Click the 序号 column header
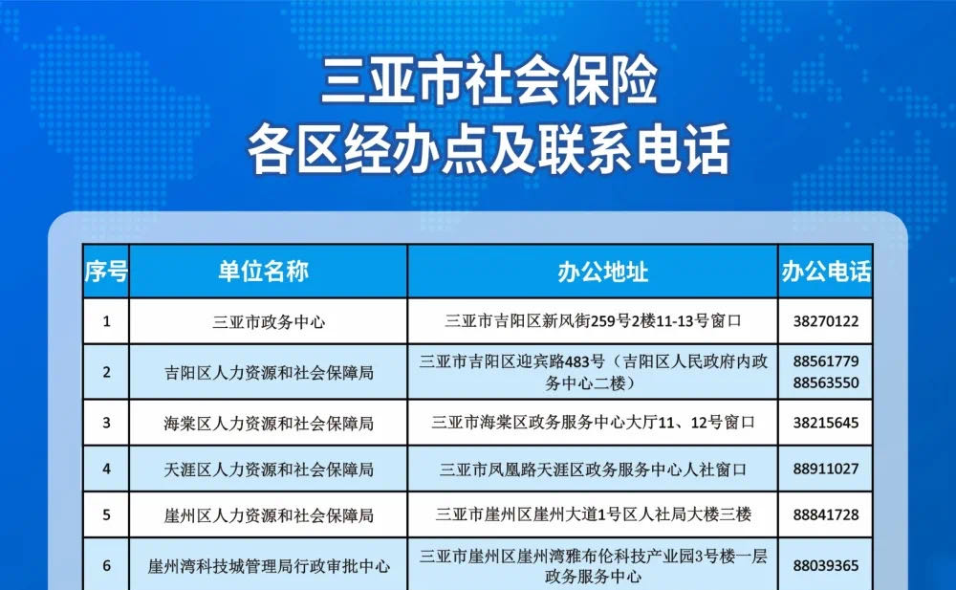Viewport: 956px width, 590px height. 106,272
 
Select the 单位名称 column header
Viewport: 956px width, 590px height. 264,272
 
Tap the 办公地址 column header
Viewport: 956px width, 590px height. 602,272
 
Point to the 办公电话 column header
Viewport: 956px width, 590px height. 826,272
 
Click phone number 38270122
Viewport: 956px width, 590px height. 826,321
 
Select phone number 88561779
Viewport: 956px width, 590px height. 826,361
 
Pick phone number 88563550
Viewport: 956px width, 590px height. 826,382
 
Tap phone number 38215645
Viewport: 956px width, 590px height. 826,423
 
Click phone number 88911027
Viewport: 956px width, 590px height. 826,469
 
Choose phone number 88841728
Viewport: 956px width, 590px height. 826,515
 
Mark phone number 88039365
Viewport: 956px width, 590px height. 826,565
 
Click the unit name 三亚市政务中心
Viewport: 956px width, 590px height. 269,321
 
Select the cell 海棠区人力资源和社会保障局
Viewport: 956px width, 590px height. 269,423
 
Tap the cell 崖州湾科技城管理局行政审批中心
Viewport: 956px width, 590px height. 269,566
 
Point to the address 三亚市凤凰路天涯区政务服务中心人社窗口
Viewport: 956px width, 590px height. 593,470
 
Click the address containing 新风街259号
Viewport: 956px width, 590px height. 593,321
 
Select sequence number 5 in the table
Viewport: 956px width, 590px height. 107,515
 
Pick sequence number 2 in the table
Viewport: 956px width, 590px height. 107,372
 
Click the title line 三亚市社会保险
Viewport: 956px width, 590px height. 489,80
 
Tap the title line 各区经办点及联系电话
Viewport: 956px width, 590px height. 489,149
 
